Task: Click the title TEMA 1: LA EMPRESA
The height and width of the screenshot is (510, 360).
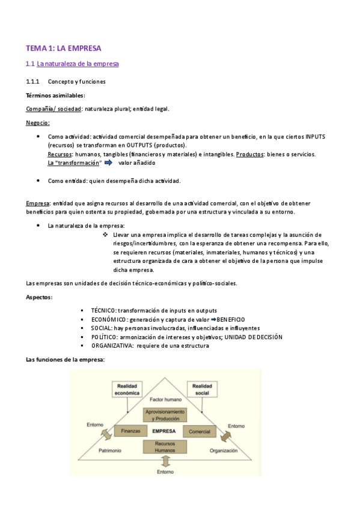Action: point(64,48)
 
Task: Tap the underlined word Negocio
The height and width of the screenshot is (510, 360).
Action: point(37,123)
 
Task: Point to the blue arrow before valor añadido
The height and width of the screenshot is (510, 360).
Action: point(109,162)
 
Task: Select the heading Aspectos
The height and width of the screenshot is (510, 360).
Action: point(39,297)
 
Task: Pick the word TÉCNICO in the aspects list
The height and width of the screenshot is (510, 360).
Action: point(105,310)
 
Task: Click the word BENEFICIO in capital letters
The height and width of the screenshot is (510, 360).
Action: point(231,319)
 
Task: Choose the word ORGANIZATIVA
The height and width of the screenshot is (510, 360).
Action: point(112,346)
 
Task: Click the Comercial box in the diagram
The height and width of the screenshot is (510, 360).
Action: point(200,431)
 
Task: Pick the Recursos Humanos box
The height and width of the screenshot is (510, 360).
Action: point(165,447)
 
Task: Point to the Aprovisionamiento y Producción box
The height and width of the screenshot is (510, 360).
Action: point(165,414)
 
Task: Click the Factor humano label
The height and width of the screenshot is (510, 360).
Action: point(165,399)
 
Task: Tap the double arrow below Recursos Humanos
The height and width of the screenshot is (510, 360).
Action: point(165,461)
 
